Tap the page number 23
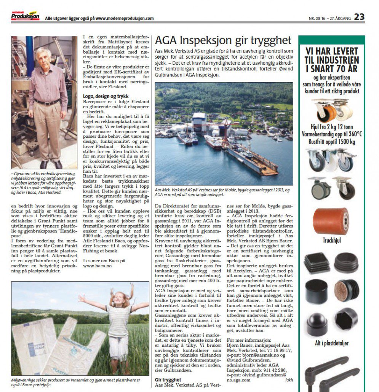[x=359, y=17]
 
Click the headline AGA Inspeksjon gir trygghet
[x=223, y=41]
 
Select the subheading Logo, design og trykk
[x=106, y=96]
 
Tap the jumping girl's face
[x=118, y=300]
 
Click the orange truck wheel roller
[x=331, y=221]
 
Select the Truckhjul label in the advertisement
[x=331, y=241]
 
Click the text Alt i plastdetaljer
[x=331, y=343]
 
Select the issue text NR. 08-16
[x=318, y=18]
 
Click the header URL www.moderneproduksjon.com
[x=125, y=18]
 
